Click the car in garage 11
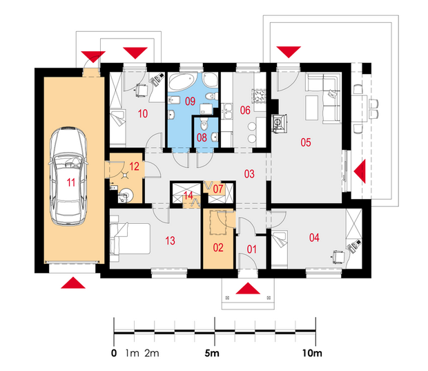68,176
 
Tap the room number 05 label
306,142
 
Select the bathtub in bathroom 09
183,81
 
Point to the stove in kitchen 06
260,95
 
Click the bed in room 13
130,238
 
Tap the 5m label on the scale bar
212,353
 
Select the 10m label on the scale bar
312,353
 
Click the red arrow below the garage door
73,283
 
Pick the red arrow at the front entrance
248,289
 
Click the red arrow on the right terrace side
360,171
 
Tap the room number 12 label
135,166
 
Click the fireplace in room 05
280,123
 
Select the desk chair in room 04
338,257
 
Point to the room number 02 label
218,247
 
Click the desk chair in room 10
141,90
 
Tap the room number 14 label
188,196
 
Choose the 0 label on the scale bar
114,353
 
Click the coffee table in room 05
312,108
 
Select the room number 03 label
249,174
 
